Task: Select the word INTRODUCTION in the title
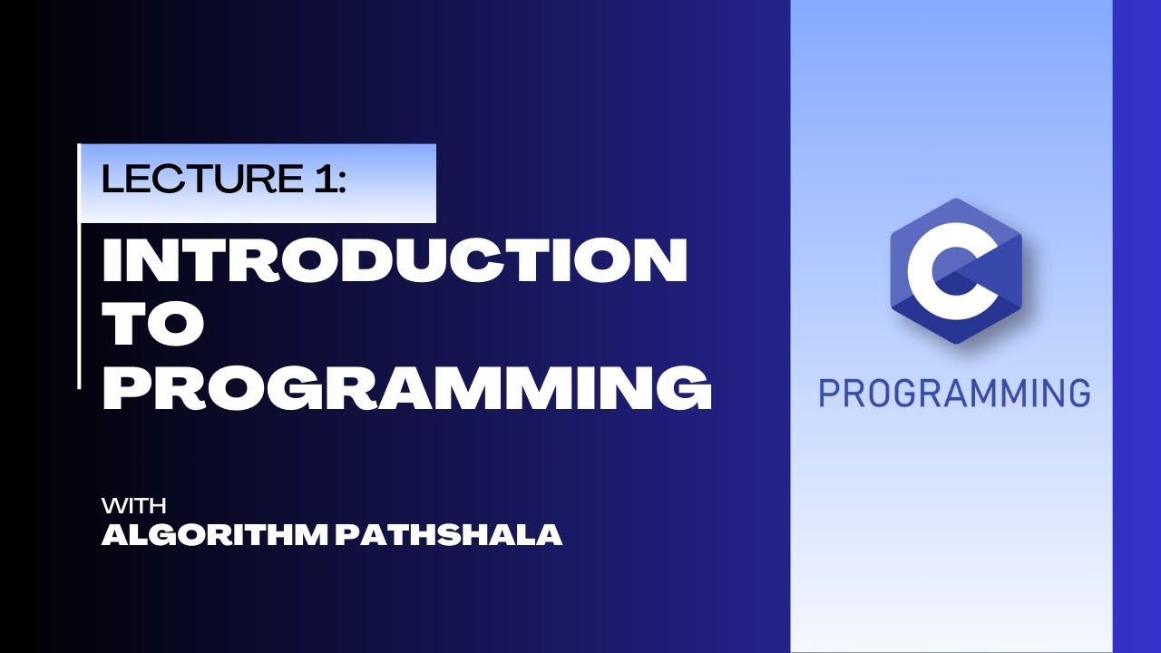395,260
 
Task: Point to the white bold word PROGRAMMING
406,389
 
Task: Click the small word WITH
133,505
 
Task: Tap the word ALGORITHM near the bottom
214,535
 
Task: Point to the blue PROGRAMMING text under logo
954,394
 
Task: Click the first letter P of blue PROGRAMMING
828,394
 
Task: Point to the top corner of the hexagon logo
956,200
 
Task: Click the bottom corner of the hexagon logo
956,344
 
